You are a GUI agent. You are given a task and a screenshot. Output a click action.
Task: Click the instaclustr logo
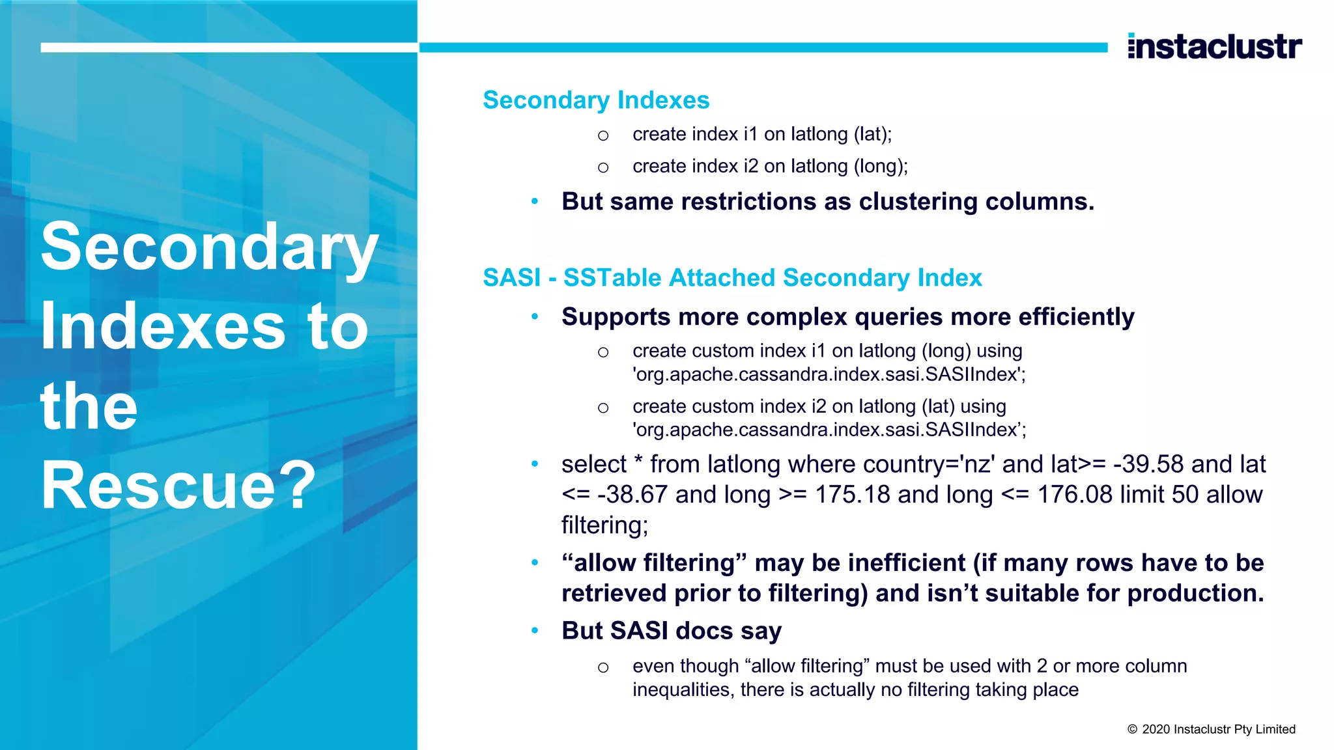1215,46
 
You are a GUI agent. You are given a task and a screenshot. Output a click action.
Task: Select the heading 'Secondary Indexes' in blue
595,100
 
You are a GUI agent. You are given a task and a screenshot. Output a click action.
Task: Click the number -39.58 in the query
1148,464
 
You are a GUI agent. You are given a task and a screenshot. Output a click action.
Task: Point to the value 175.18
853,495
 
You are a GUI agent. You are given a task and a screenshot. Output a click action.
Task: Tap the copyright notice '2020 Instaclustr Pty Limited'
1218,729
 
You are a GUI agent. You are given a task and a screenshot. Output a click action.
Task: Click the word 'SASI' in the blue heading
511,278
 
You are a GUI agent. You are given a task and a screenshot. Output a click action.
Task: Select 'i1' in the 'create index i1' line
750,134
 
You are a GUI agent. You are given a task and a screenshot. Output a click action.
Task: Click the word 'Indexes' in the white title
163,326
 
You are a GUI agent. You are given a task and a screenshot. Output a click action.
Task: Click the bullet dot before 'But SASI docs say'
535,630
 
